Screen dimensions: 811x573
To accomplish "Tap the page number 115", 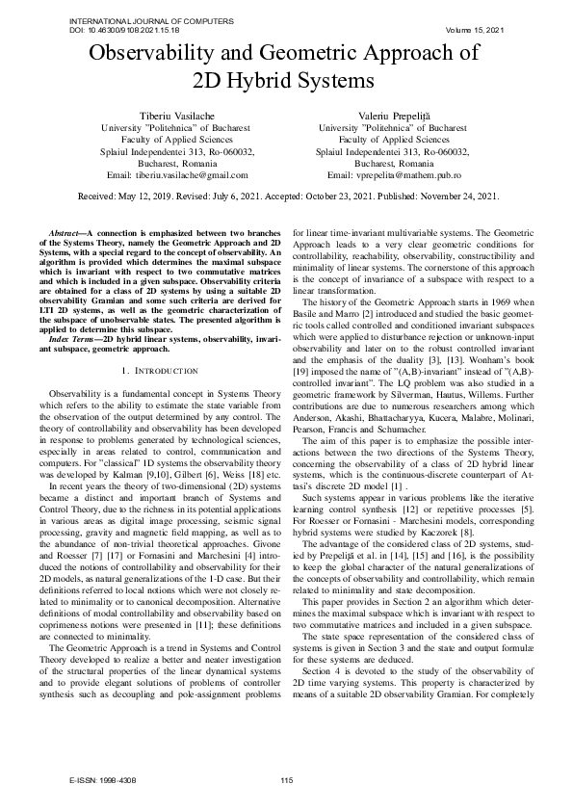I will (x=286, y=780).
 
